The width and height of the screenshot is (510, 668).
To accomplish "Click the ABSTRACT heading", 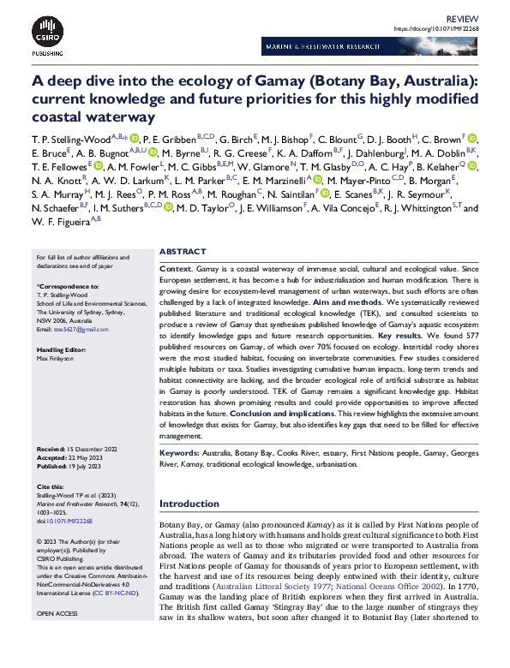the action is click(x=183, y=252).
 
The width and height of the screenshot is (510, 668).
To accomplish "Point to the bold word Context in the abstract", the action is click(x=176, y=268).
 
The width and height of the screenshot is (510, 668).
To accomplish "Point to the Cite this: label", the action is click(x=51, y=487).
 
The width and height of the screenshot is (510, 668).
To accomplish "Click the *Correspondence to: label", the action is click(x=67, y=285).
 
